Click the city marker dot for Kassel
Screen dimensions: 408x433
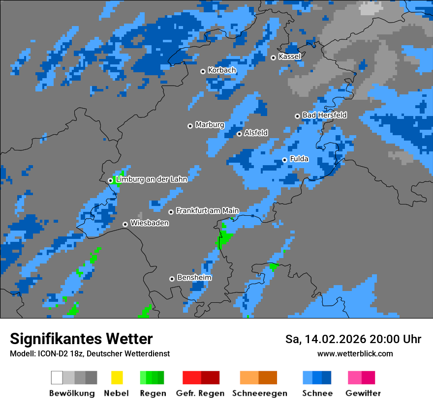(x=274, y=58)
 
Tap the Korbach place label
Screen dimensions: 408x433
(x=222, y=70)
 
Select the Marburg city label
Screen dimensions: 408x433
(x=210, y=125)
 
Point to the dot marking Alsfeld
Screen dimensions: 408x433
(x=240, y=134)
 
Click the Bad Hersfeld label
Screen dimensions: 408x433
(x=324, y=115)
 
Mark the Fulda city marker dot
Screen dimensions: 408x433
(x=285, y=160)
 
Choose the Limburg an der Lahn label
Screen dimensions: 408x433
(x=151, y=179)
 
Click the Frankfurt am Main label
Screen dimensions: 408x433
(x=207, y=211)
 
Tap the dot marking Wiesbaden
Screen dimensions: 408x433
(x=125, y=224)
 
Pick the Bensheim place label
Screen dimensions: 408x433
(x=194, y=278)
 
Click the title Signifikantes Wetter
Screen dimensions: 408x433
(x=81, y=339)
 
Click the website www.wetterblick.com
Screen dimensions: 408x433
(x=355, y=354)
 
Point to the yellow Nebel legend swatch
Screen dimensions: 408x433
(x=117, y=378)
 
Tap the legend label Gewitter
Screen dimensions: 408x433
(x=363, y=393)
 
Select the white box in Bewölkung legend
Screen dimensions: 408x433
(x=57, y=378)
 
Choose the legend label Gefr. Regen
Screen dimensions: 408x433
(x=200, y=393)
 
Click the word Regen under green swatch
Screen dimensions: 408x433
(x=152, y=393)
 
